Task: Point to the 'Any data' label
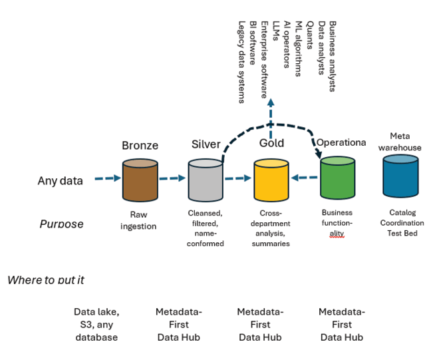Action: [61, 180]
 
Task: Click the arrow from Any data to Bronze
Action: [107, 178]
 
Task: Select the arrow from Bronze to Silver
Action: [172, 178]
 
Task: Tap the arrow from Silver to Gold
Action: [238, 178]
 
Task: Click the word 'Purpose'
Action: [62, 224]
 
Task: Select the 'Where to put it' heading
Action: [46, 279]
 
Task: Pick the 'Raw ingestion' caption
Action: [138, 220]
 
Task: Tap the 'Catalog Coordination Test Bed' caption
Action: [402, 223]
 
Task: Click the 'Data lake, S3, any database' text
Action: [96, 325]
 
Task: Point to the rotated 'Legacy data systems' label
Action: [241, 62]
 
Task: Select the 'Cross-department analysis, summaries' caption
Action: [271, 228]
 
